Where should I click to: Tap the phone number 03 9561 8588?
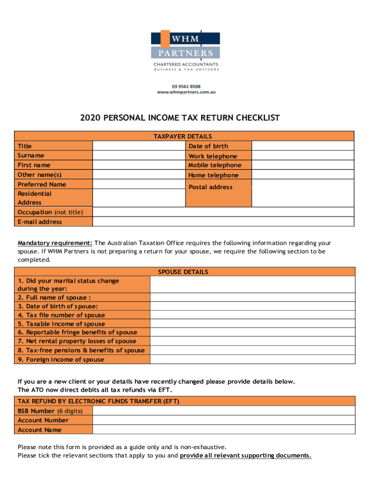pyautogui.click(x=186, y=86)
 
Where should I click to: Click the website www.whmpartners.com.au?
pyautogui.click(x=186, y=92)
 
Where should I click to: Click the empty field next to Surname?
pyautogui.click(x=139, y=155)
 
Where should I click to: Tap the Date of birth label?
pyautogui.click(x=208, y=146)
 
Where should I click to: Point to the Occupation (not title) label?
pyautogui.click(x=50, y=212)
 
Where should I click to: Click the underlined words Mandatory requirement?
pyautogui.click(x=55, y=243)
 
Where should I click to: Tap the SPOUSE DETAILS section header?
pyautogui.click(x=183, y=272)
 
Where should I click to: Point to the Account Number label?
pyautogui.click(x=43, y=420)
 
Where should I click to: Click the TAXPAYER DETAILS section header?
pyautogui.click(x=183, y=137)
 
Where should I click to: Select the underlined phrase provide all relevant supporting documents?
pyautogui.click(x=246, y=455)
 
